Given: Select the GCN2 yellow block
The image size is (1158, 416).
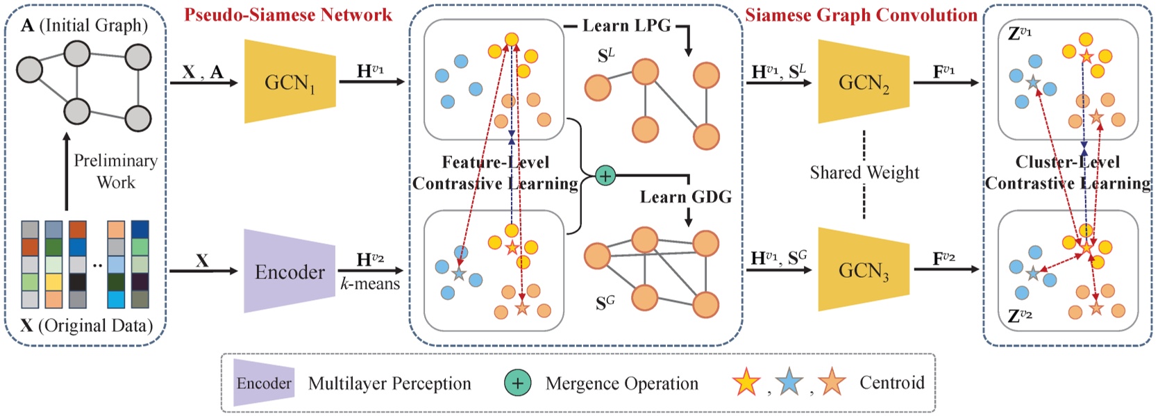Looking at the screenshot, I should click(864, 83).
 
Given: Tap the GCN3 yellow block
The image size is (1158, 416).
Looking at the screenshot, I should click(864, 269).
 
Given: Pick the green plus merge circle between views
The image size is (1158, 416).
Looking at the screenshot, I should click(605, 176).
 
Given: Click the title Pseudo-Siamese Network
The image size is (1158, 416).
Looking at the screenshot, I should click(288, 15).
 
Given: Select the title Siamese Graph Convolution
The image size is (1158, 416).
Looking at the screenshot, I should click(861, 15).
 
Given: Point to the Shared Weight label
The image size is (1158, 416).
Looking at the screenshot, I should click(864, 172).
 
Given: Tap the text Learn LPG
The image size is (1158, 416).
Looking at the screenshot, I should click(626, 26).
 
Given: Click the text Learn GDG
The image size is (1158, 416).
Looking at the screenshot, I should click(685, 197).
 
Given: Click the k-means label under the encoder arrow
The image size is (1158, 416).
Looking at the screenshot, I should click(370, 283).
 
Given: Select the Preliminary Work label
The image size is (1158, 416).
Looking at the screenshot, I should click(115, 171).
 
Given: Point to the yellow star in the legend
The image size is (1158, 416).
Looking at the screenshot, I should click(746, 383).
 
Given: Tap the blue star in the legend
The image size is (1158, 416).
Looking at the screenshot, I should click(789, 383).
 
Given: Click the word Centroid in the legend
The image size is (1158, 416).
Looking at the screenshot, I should click(891, 383).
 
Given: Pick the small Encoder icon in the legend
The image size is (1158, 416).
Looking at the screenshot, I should click(263, 383).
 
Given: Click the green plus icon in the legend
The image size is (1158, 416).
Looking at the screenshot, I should click(517, 383).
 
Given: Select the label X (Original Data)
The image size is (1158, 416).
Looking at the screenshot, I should click(87, 325).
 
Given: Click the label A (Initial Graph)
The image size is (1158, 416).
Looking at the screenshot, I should click(84, 26).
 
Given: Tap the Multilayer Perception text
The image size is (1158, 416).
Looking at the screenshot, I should click(389, 383).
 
